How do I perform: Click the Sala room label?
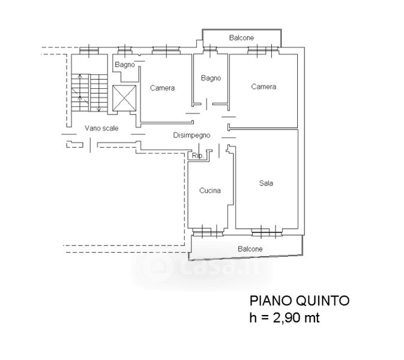pos(266,184)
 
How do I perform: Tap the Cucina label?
pos(210,191)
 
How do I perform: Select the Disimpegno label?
pos(191,135)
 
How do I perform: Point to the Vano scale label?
pos(101,128)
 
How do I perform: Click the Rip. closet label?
pos(197,156)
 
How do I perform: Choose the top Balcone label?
pos(241,38)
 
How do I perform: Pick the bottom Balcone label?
pos(249,248)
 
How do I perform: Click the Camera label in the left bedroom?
pos(162,88)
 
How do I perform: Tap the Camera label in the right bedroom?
pos(264,87)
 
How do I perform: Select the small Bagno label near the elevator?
pos(125,64)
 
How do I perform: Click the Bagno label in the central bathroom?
pos(211,78)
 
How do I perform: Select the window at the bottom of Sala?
pos(265,230)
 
